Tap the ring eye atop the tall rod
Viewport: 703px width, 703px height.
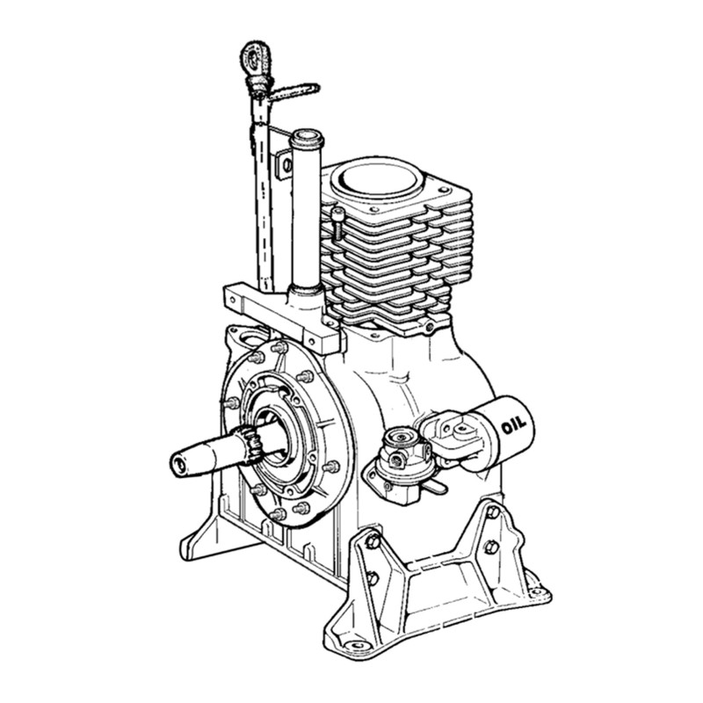pyautogui.click(x=254, y=60)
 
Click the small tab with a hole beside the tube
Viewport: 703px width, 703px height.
pyautogui.click(x=286, y=164)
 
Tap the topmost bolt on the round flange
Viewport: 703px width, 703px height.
pyautogui.click(x=280, y=348)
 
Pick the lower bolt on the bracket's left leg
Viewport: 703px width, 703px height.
pyautogui.click(x=372, y=577)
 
